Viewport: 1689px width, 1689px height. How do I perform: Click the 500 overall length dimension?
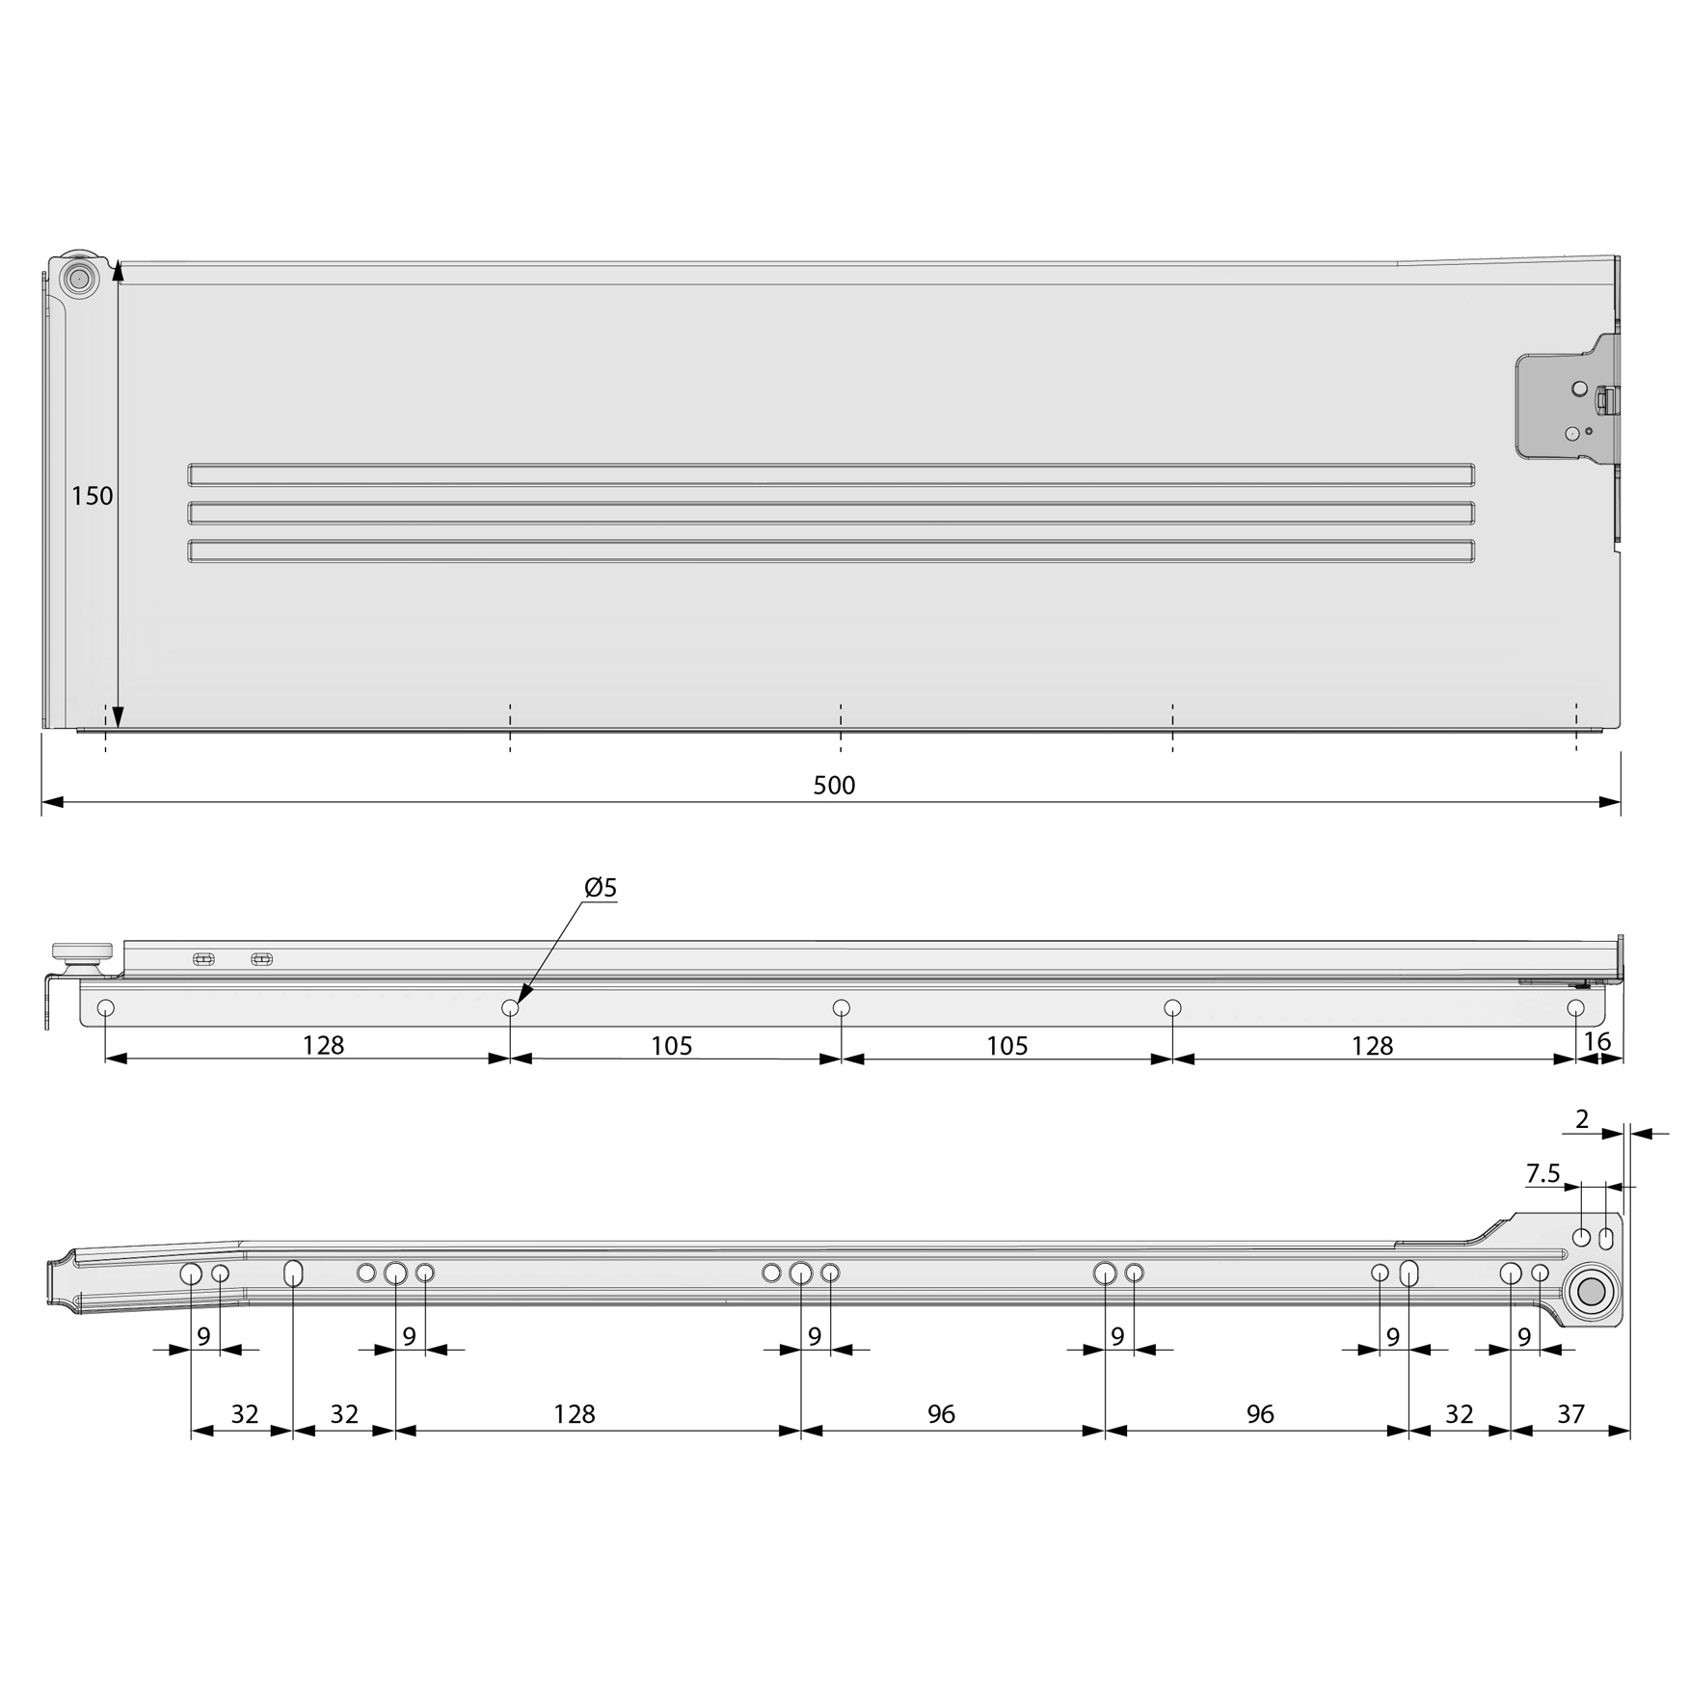point(834,786)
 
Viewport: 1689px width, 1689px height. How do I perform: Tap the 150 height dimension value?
point(93,496)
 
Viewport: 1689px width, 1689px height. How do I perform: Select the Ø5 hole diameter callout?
point(601,887)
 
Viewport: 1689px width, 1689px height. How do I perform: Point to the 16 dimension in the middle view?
point(1597,1041)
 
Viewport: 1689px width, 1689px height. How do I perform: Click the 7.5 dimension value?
point(1542,1173)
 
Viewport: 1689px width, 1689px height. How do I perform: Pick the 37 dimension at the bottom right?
point(1570,1414)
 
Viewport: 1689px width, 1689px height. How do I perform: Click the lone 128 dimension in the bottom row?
point(575,1414)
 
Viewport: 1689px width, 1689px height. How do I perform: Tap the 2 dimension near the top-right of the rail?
point(1582,1119)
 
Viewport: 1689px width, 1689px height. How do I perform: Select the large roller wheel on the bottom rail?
point(1591,1292)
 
